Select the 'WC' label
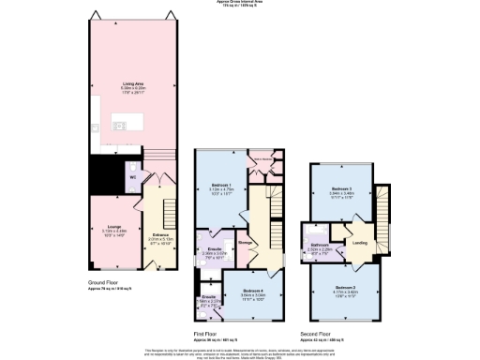pyautogui.click(x=133, y=173)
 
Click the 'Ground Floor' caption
pyautogui.click(x=103, y=281)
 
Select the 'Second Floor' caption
pyautogui.click(x=315, y=332)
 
